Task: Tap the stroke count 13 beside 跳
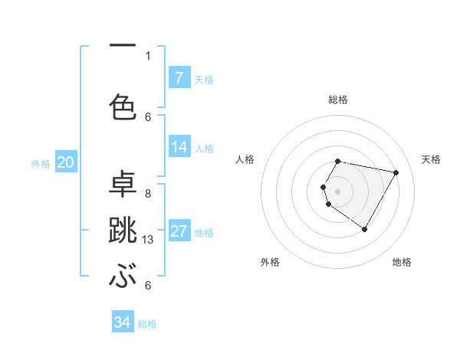pyautogui.click(x=149, y=240)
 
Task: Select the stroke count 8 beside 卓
pyautogui.click(x=148, y=193)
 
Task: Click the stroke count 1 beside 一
pyautogui.click(x=148, y=55)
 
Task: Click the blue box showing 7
pyautogui.click(x=179, y=78)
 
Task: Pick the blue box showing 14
pyautogui.click(x=179, y=147)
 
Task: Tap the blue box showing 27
pyautogui.click(x=179, y=231)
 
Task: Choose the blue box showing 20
pyautogui.click(x=65, y=162)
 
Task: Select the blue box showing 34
pyautogui.click(x=122, y=322)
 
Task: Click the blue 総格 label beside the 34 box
pyautogui.click(x=147, y=324)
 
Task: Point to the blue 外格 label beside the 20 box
pyautogui.click(x=41, y=163)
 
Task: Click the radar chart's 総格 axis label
pyautogui.click(x=337, y=100)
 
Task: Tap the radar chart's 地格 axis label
pyautogui.click(x=402, y=262)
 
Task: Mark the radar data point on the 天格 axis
pyautogui.click(x=396, y=172)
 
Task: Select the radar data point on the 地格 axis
pyautogui.click(x=364, y=229)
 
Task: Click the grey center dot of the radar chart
pyautogui.click(x=337, y=191)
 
